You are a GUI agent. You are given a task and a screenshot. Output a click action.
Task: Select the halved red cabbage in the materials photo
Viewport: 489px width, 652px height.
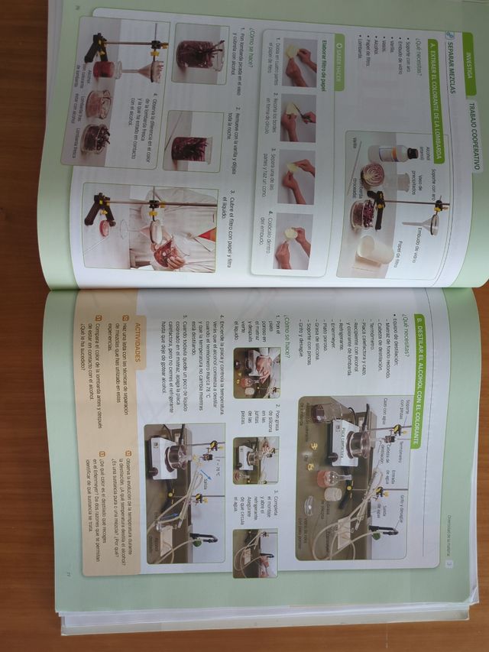[x=374, y=175]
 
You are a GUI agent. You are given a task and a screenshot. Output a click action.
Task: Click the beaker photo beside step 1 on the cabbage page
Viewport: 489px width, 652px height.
[x=199, y=54]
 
